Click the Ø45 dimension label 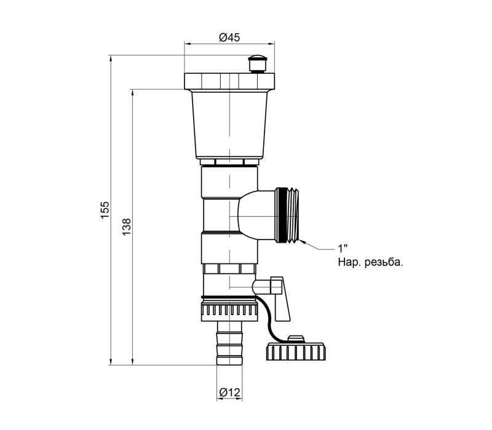[229, 37]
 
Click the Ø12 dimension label [229, 392]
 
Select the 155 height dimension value [105, 210]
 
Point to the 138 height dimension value [127, 227]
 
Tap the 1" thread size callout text [343, 249]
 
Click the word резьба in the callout [384, 262]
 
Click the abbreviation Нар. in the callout [349, 262]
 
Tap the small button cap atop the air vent [257, 64]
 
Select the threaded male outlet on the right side [287, 216]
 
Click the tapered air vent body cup [229, 125]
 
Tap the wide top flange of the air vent [229, 82]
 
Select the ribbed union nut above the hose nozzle [229, 311]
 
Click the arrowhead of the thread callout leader [302, 241]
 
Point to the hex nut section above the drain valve [229, 269]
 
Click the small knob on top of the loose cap [296, 339]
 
